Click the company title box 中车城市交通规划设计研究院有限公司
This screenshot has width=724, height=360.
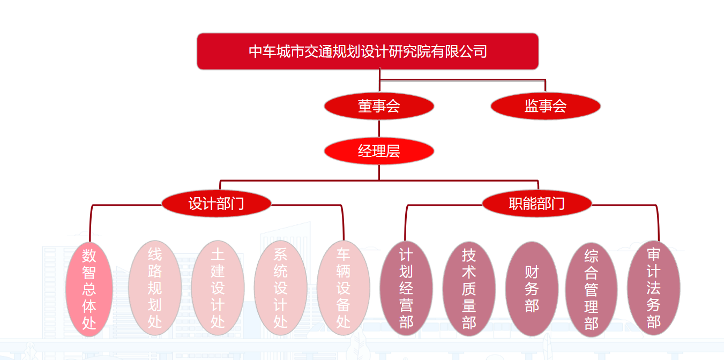[x=368, y=51]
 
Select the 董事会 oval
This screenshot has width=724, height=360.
[x=379, y=106]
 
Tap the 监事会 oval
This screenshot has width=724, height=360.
[x=546, y=106]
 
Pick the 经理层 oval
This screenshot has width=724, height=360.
[x=379, y=151]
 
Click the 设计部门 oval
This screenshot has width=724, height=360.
[x=217, y=204]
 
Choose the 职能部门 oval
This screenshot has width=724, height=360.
[x=537, y=204]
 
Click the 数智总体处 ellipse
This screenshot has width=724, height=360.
[x=89, y=289]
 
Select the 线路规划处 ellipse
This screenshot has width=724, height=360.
[x=155, y=288]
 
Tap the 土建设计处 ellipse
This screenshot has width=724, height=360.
[x=218, y=288]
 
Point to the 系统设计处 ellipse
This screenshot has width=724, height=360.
[x=280, y=288]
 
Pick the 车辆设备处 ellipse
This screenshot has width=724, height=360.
[x=344, y=288]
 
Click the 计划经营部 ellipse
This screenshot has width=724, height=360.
[x=406, y=288]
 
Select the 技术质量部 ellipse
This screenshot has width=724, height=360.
[x=469, y=288]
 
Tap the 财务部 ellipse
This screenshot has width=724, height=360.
[x=532, y=288]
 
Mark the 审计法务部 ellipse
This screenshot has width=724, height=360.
[x=653, y=288]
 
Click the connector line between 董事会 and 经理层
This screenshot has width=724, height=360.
[x=379, y=129]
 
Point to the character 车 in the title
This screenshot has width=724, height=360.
[x=270, y=51]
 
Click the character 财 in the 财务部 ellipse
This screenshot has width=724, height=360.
[x=532, y=272]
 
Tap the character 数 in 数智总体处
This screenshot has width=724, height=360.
[x=89, y=256]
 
